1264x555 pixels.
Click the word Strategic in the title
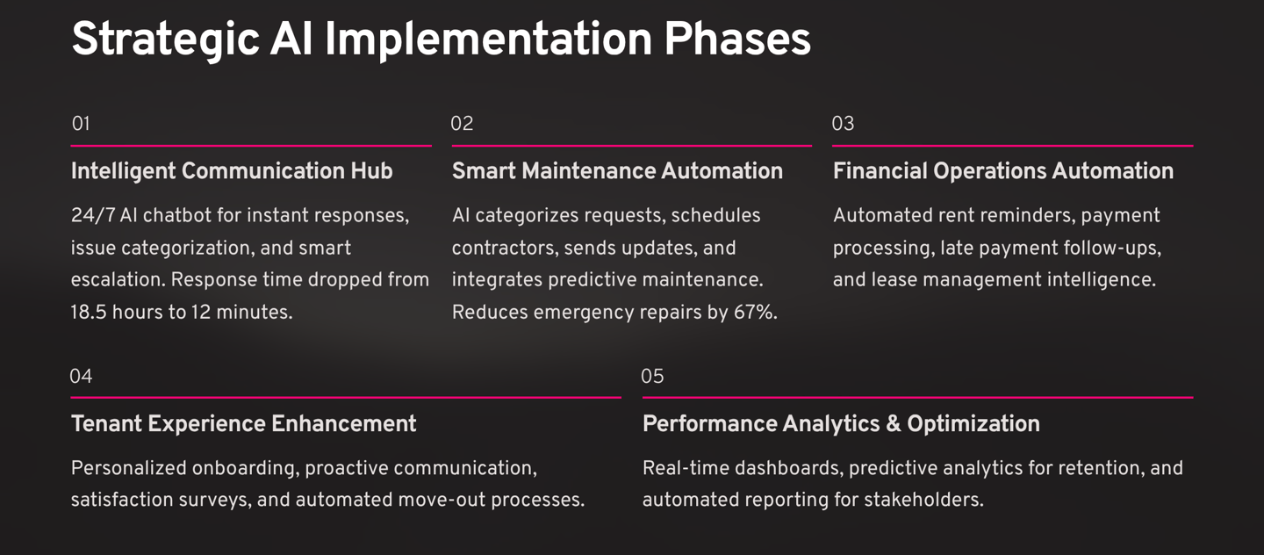pos(165,40)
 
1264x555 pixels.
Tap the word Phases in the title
pos(737,39)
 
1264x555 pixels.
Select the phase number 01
pos(81,123)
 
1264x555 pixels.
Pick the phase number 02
pos(462,123)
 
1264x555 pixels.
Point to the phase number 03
pos(843,123)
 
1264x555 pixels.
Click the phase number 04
pos(81,376)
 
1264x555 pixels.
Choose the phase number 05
pos(652,376)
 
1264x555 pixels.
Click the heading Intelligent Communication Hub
pos(232,171)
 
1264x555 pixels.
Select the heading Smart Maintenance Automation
pos(617,171)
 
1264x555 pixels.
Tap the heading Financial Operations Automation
pos(1003,171)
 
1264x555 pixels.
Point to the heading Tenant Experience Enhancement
pos(244,423)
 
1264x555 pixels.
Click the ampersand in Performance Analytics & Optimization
pos(894,424)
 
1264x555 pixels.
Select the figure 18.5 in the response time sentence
pos(89,313)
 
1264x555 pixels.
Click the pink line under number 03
pos(1012,146)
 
